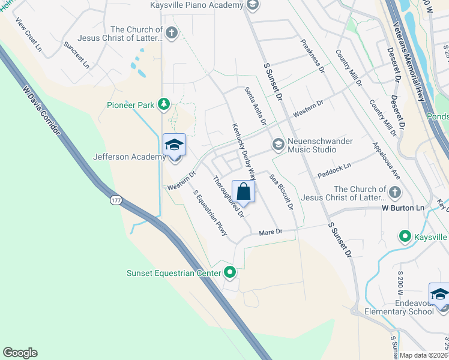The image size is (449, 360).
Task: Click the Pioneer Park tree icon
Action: coord(163,105)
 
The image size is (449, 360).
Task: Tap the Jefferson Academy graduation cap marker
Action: coord(175,146)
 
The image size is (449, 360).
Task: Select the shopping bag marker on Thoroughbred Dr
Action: coord(243,193)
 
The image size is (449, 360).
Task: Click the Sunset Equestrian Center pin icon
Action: coord(230,273)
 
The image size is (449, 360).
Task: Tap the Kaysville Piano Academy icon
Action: coord(253,5)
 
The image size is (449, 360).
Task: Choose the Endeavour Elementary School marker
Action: coord(439,296)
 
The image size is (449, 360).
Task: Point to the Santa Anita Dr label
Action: coord(255,106)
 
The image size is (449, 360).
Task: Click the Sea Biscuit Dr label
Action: coord(282,191)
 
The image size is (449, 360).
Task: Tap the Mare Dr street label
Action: coord(270,232)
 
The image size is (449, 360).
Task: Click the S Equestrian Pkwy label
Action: coord(210,213)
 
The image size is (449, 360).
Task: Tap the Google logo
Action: coord(20,353)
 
